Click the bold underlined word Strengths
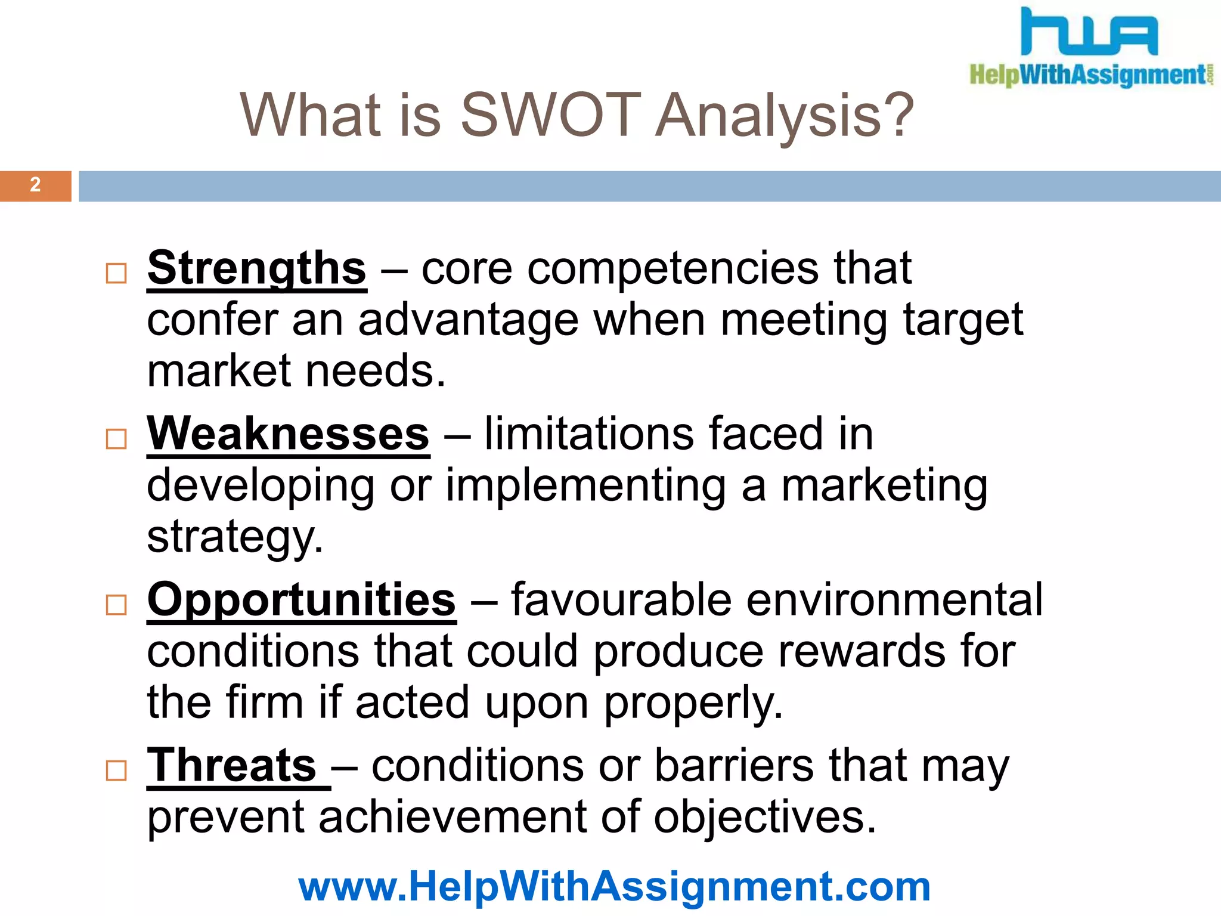coord(256,268)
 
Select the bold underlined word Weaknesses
coord(288,434)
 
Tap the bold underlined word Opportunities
coord(302,599)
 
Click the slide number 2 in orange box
coord(35,185)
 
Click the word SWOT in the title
coord(550,114)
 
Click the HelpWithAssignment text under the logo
coord(1088,75)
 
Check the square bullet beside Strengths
coord(116,274)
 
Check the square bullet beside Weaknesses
coord(116,439)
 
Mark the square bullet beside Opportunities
coord(116,605)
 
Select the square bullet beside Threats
coord(116,770)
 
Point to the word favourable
coord(621,599)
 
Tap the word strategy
coord(234,538)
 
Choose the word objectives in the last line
coord(765,817)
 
